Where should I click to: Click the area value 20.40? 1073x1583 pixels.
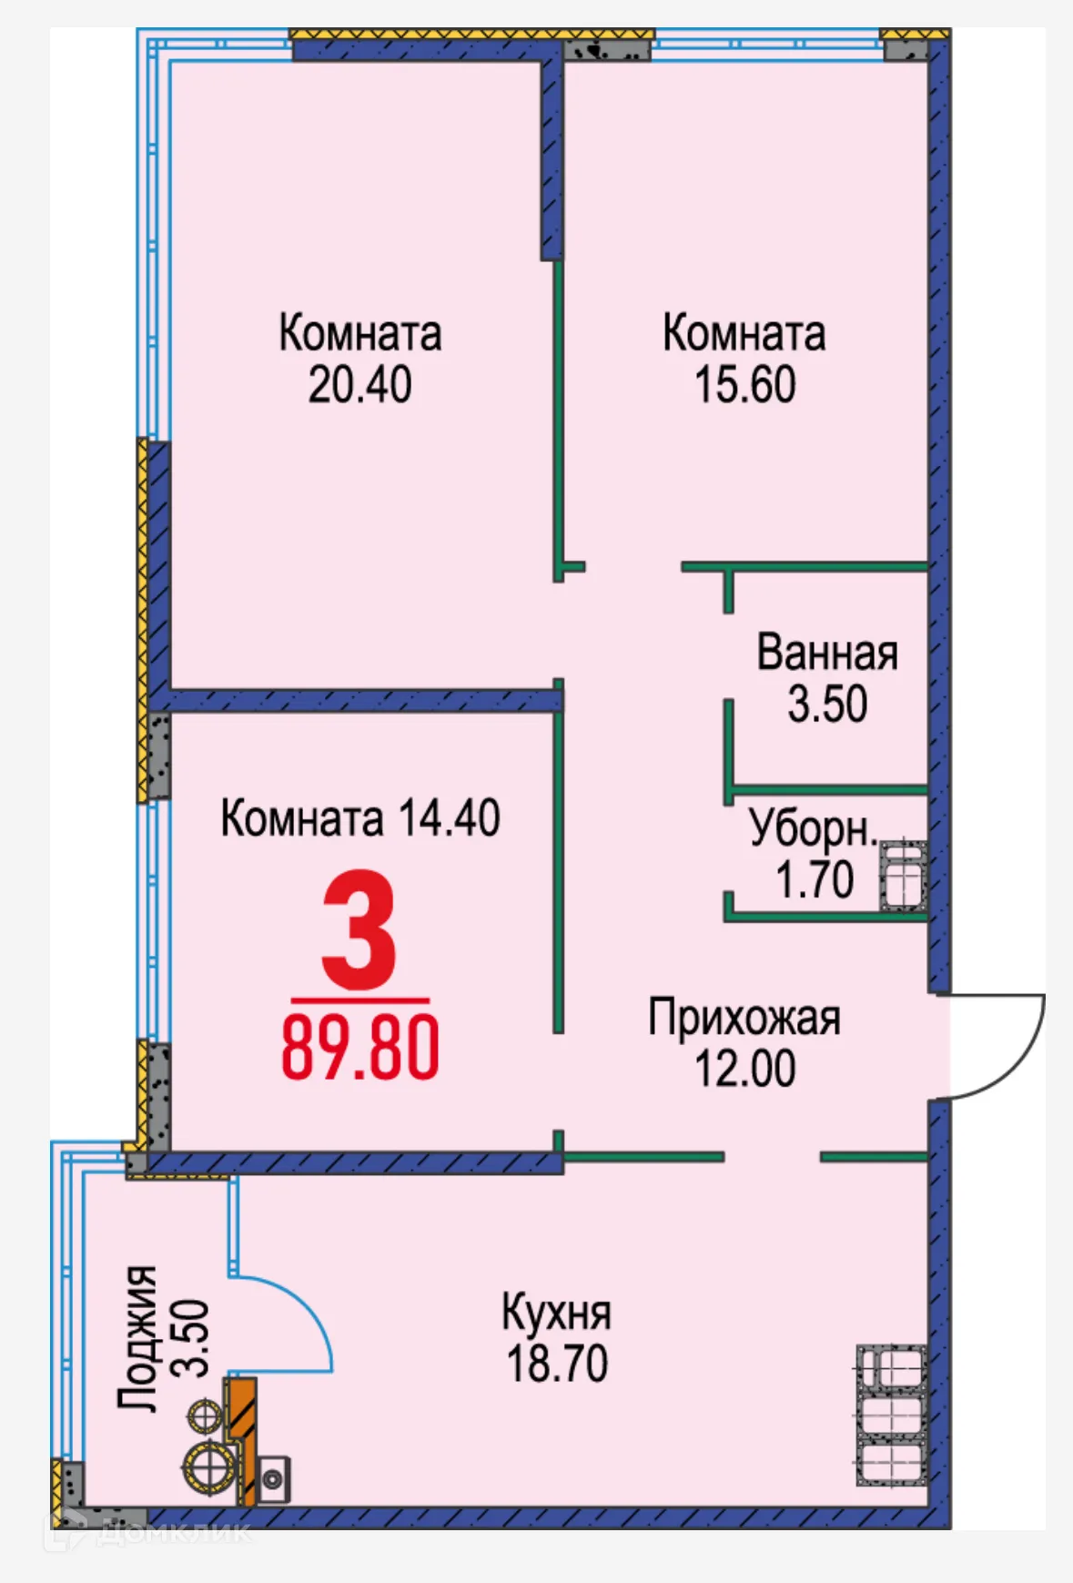click(359, 385)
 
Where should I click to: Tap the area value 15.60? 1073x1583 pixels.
click(744, 385)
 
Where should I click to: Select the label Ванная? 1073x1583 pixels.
click(826, 654)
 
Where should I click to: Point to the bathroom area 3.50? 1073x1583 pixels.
click(826, 705)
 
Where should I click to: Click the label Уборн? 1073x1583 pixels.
click(813, 828)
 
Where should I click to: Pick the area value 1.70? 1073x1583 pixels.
click(814, 880)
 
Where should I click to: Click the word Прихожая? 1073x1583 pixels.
click(744, 1018)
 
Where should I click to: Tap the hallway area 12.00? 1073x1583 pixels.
click(744, 1069)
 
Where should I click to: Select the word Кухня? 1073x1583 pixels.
click(556, 1313)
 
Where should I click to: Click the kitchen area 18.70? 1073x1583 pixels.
click(556, 1364)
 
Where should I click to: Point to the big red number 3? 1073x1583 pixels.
click(359, 930)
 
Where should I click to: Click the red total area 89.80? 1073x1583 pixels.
click(359, 1049)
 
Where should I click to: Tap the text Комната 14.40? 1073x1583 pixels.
click(359, 818)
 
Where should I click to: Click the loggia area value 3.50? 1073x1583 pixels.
click(192, 1337)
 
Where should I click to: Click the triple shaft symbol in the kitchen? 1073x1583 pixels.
click(891, 1416)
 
